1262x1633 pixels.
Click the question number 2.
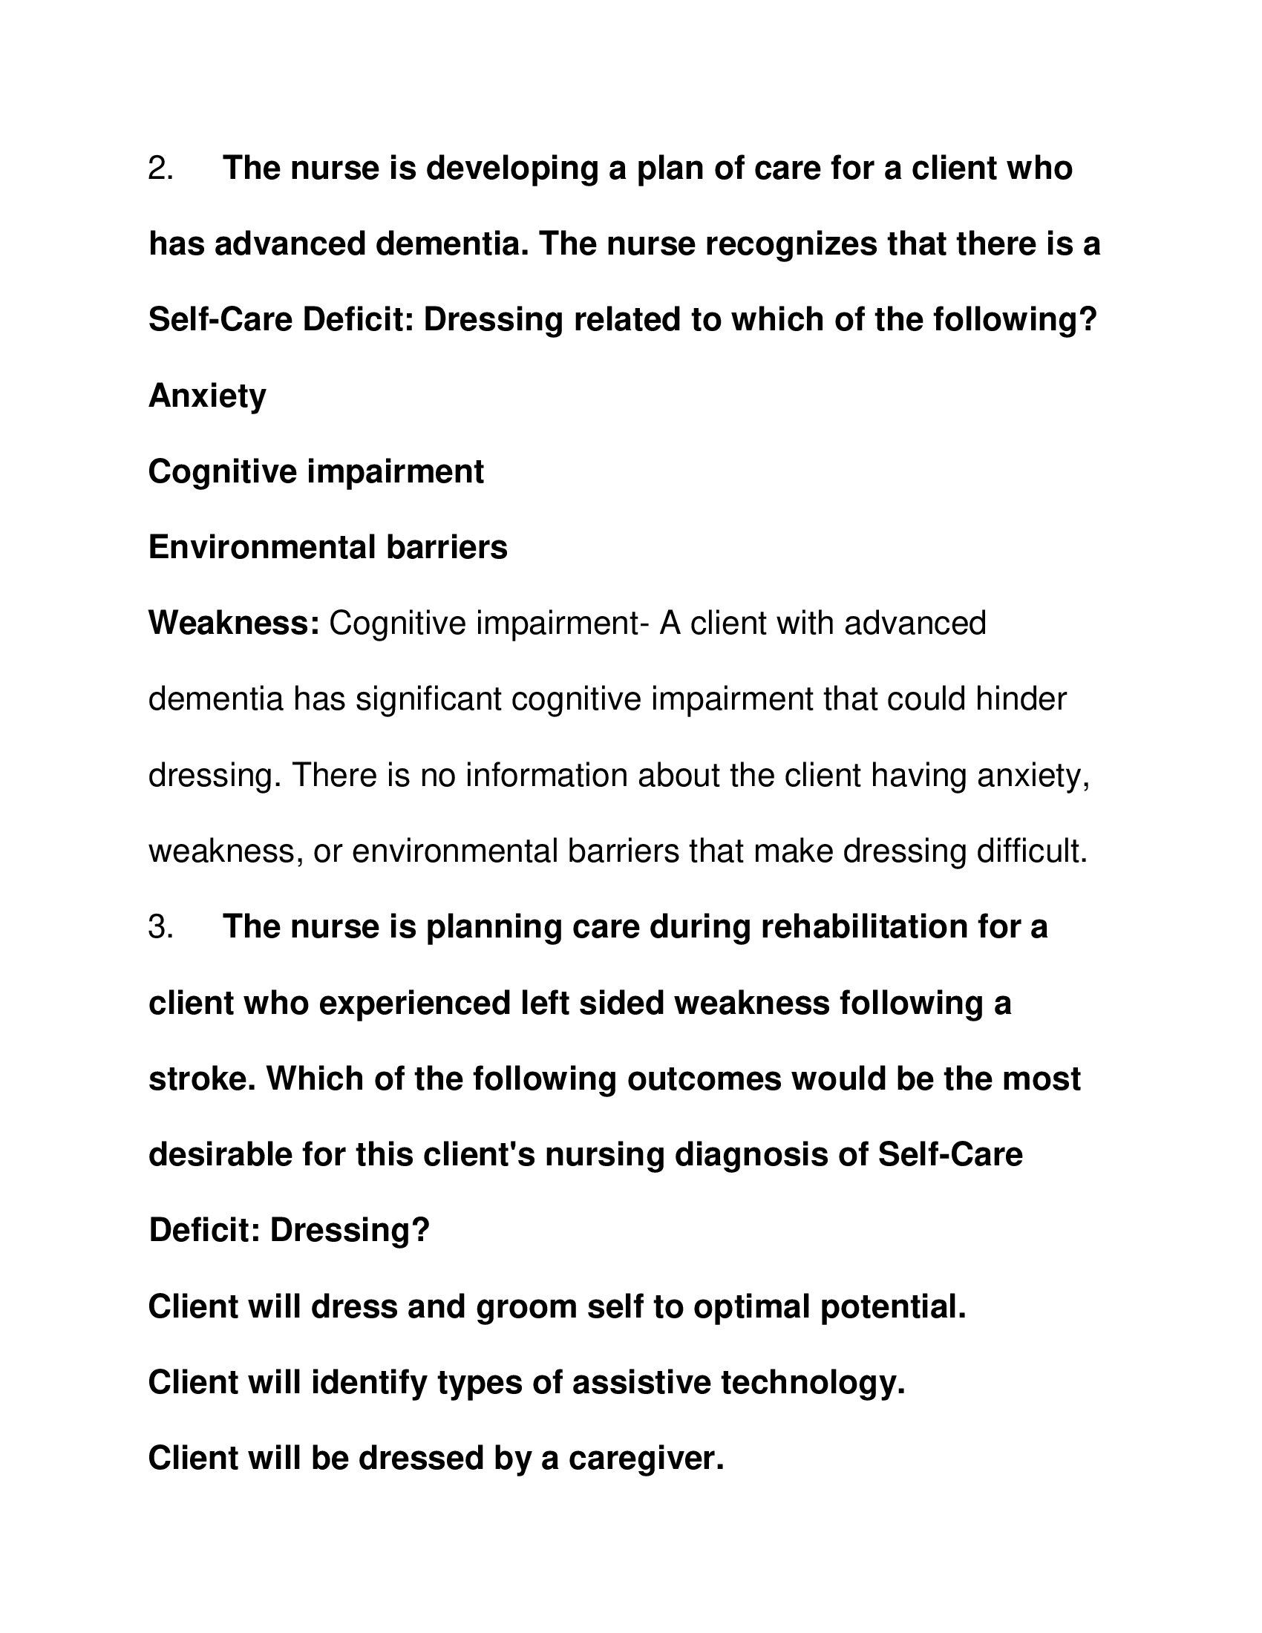pyautogui.click(x=160, y=168)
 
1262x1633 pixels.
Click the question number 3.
pyautogui.click(x=160, y=927)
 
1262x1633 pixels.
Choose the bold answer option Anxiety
pyautogui.click(x=207, y=396)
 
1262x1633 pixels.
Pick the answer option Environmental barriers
pyautogui.click(x=327, y=547)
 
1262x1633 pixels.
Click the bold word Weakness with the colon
pyautogui.click(x=234, y=623)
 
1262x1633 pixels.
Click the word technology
pyautogui.click(x=813, y=1384)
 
